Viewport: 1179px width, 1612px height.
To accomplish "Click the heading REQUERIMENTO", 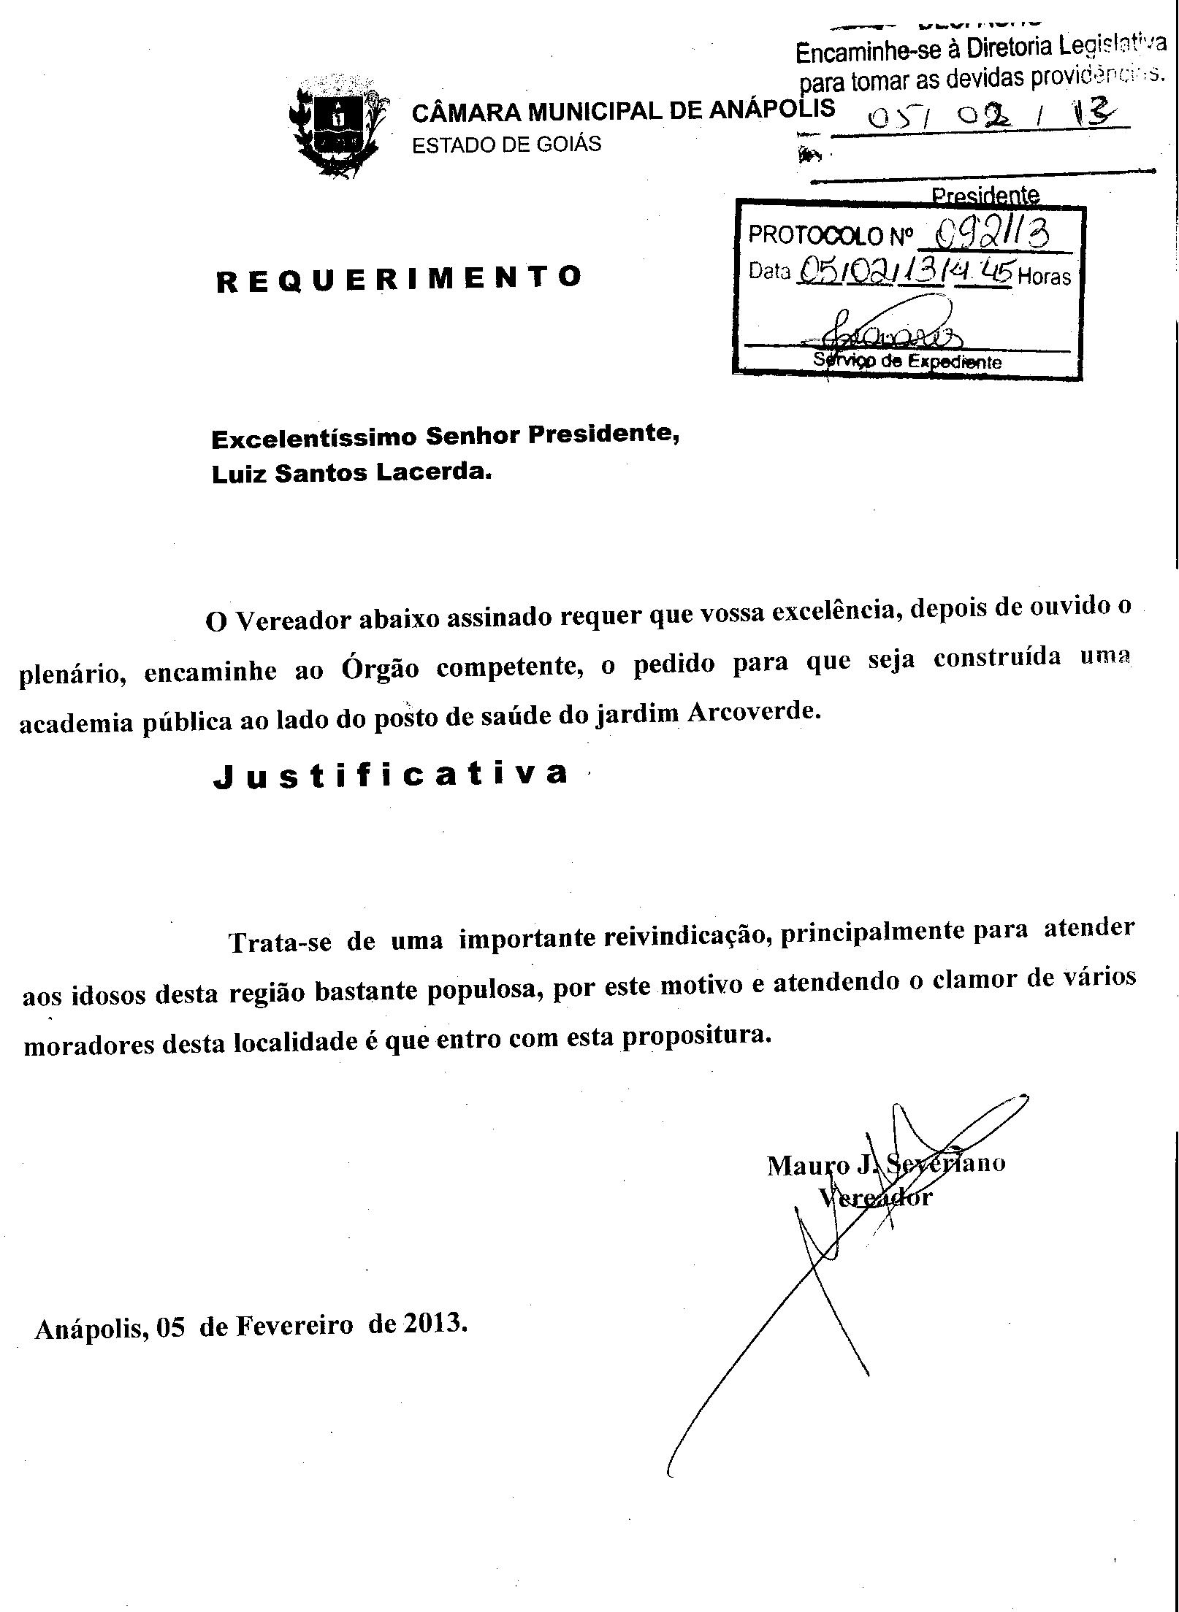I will (x=399, y=279).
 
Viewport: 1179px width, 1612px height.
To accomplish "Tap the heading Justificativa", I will (x=390, y=775).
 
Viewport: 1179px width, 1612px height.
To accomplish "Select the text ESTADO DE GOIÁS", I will (x=506, y=145).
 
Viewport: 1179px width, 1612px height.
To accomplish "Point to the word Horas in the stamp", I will (x=1044, y=277).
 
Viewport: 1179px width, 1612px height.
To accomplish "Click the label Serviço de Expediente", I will (x=907, y=361).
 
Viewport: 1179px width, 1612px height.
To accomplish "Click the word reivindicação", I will (x=684, y=937).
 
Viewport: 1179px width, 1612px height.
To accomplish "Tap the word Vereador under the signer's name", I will (x=875, y=1197).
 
